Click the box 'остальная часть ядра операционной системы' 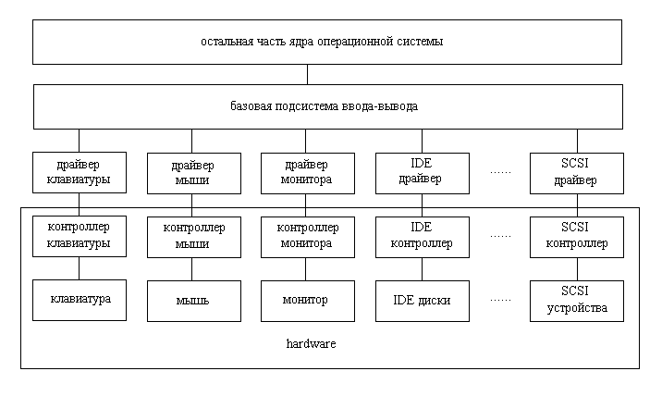327,43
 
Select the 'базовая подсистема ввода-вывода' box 327,106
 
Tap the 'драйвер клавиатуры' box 79,172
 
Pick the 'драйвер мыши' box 192,173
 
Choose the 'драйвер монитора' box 306,172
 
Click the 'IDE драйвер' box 422,172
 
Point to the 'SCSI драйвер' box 576,172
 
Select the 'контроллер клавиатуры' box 79,237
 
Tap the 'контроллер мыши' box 192,238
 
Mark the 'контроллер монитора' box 306,237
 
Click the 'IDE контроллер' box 422,237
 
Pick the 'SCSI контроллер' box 576,237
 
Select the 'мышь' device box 192,301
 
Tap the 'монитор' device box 306,300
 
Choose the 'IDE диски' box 422,300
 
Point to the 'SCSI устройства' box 576,300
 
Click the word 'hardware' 311,344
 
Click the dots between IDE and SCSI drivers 500,172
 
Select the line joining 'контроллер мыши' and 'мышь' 192,269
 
